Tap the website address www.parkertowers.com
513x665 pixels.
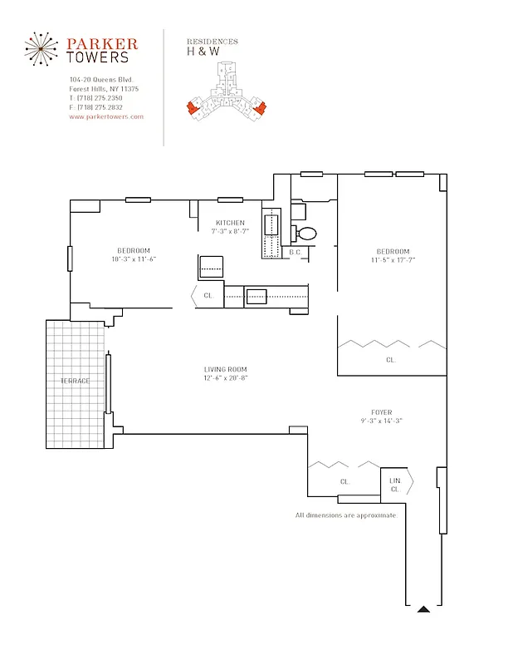106,117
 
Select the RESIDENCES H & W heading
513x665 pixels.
213,47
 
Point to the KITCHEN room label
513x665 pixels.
230,223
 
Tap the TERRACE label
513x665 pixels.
75,381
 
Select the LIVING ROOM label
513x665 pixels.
226,369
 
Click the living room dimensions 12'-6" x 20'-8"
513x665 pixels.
226,378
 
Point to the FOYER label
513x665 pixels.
382,412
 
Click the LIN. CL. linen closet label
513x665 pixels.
395,485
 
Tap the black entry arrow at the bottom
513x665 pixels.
423,609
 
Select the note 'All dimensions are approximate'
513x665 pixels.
346,515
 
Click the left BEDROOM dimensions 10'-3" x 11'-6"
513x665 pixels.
134,259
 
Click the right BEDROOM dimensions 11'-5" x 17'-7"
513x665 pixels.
393,260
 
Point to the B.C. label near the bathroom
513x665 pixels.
295,252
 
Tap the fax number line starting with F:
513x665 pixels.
95,107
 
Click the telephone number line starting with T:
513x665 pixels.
95,98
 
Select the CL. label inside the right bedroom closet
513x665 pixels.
390,360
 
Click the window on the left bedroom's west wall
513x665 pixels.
70,259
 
